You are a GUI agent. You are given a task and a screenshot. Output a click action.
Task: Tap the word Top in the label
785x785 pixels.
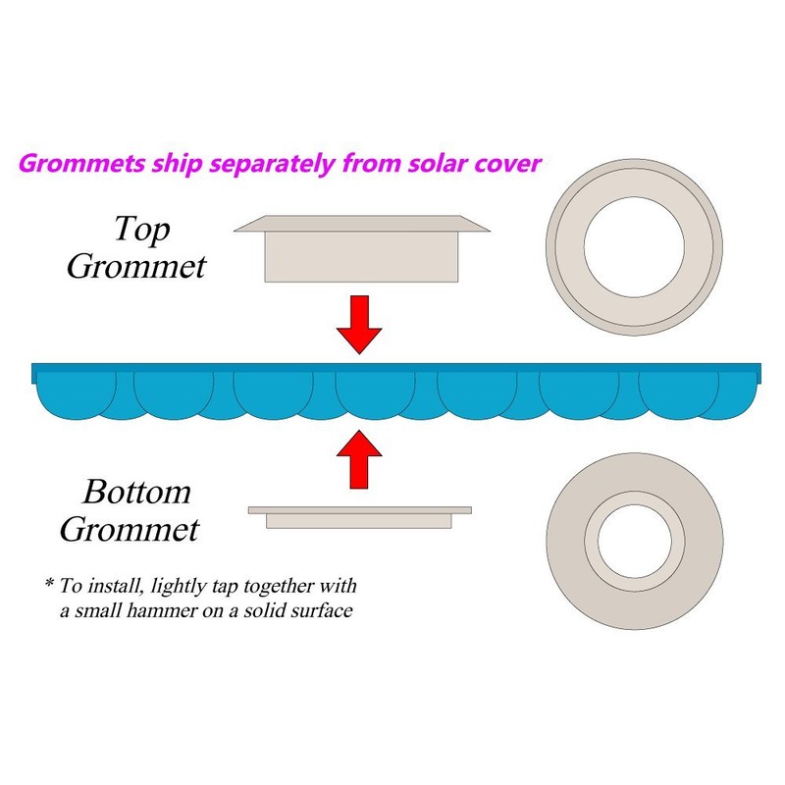[x=143, y=229]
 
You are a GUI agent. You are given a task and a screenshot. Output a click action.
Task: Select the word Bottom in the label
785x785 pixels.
[x=136, y=491]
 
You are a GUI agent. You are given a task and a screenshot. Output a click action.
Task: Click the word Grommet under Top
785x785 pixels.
[x=136, y=266]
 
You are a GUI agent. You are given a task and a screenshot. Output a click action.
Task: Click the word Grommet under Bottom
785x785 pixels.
[x=130, y=529]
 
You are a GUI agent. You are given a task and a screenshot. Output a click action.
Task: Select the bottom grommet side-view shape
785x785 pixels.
[x=360, y=514]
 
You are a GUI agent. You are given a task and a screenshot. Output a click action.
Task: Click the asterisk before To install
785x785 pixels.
[x=49, y=586]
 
